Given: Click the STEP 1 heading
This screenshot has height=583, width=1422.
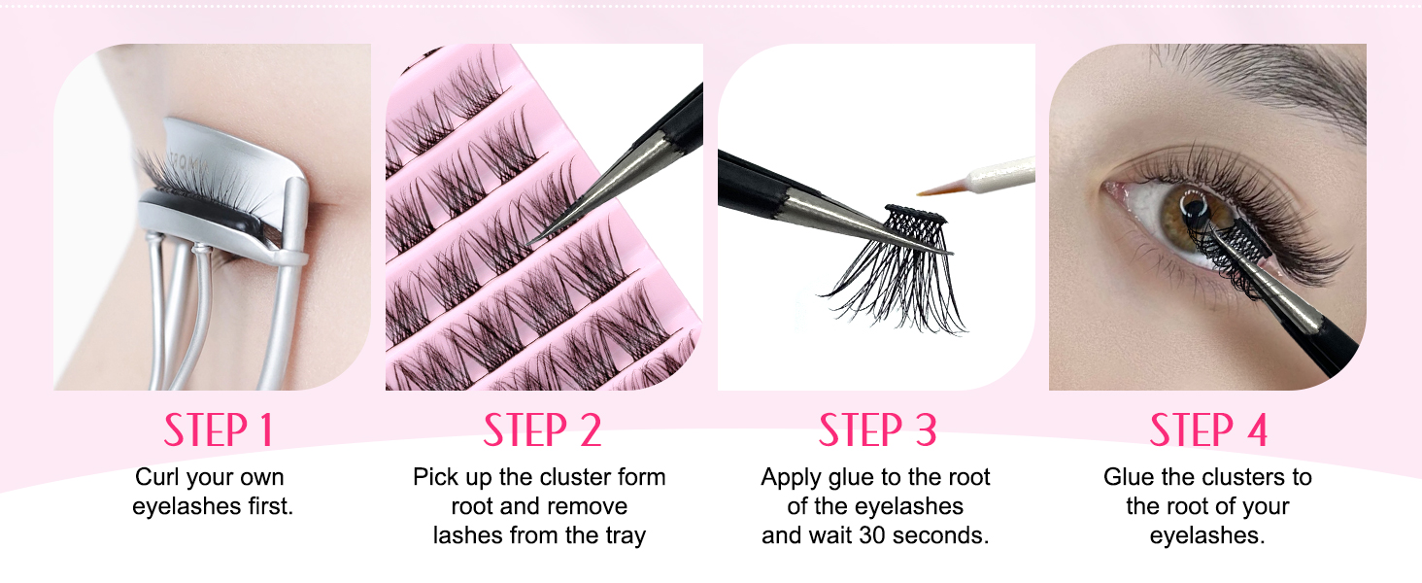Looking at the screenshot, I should [x=219, y=430].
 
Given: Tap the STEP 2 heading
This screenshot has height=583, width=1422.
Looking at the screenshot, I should [x=543, y=430].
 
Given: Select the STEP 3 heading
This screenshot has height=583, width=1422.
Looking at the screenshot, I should [x=877, y=430].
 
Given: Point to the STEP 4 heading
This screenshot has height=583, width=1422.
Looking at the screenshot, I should [x=1208, y=430].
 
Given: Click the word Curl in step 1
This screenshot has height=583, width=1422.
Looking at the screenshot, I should [x=157, y=477].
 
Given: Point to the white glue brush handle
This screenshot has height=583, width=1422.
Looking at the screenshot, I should [x=1000, y=169].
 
